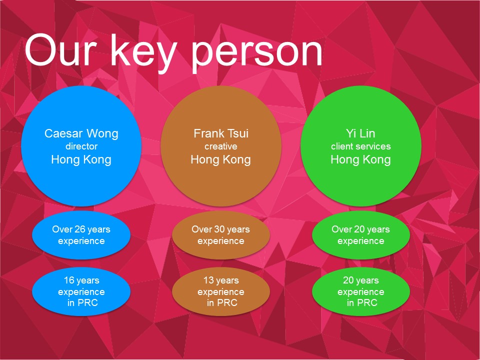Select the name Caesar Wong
point(81,134)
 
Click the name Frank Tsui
point(221,133)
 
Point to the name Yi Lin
point(360,133)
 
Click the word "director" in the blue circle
point(81,146)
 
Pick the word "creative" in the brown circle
point(220,146)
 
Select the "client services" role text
point(361,146)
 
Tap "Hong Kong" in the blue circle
point(81,160)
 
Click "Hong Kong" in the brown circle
point(220,160)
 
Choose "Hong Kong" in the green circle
point(360,160)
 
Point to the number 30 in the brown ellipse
point(219,229)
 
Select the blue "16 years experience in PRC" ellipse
point(81,291)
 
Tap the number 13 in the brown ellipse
point(208,280)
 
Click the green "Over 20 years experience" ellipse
point(361,235)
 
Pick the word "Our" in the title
point(60,50)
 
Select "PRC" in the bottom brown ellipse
point(227,303)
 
